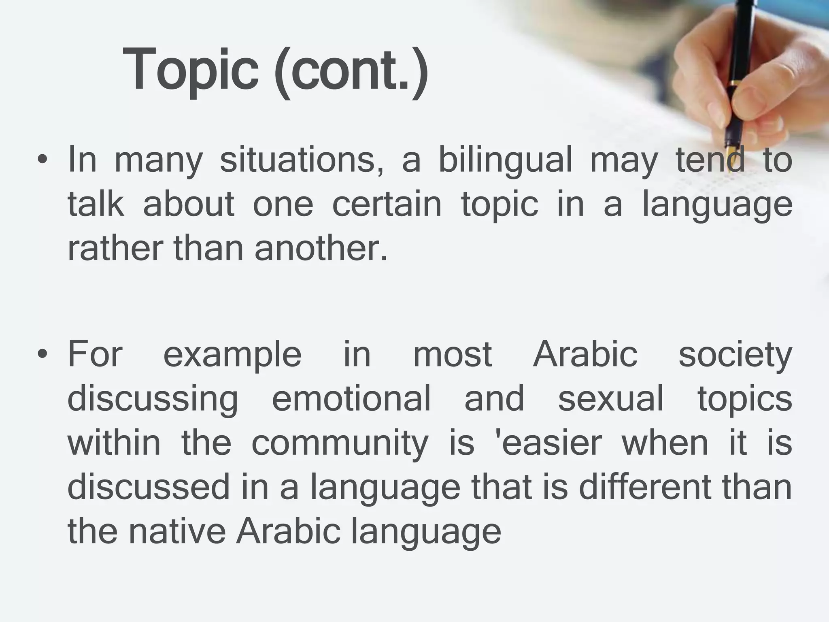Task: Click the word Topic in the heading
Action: tap(190, 69)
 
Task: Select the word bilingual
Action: tap(505, 160)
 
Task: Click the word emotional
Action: tap(351, 398)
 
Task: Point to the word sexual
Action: tap(611, 398)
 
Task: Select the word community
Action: tap(339, 443)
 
